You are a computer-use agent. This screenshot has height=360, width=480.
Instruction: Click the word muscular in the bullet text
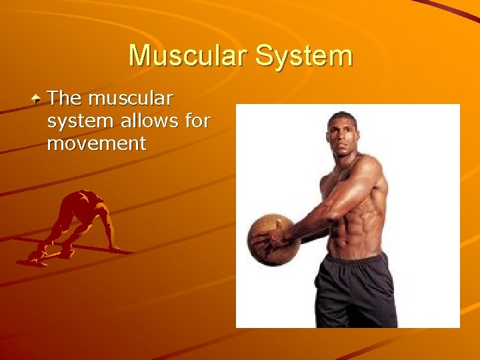131,99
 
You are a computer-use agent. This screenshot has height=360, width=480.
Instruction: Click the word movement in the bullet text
97,143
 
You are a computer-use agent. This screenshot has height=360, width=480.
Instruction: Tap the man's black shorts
353,290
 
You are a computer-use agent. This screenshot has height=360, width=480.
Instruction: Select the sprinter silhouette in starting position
77,227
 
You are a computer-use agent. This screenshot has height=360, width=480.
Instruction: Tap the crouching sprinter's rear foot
37,257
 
